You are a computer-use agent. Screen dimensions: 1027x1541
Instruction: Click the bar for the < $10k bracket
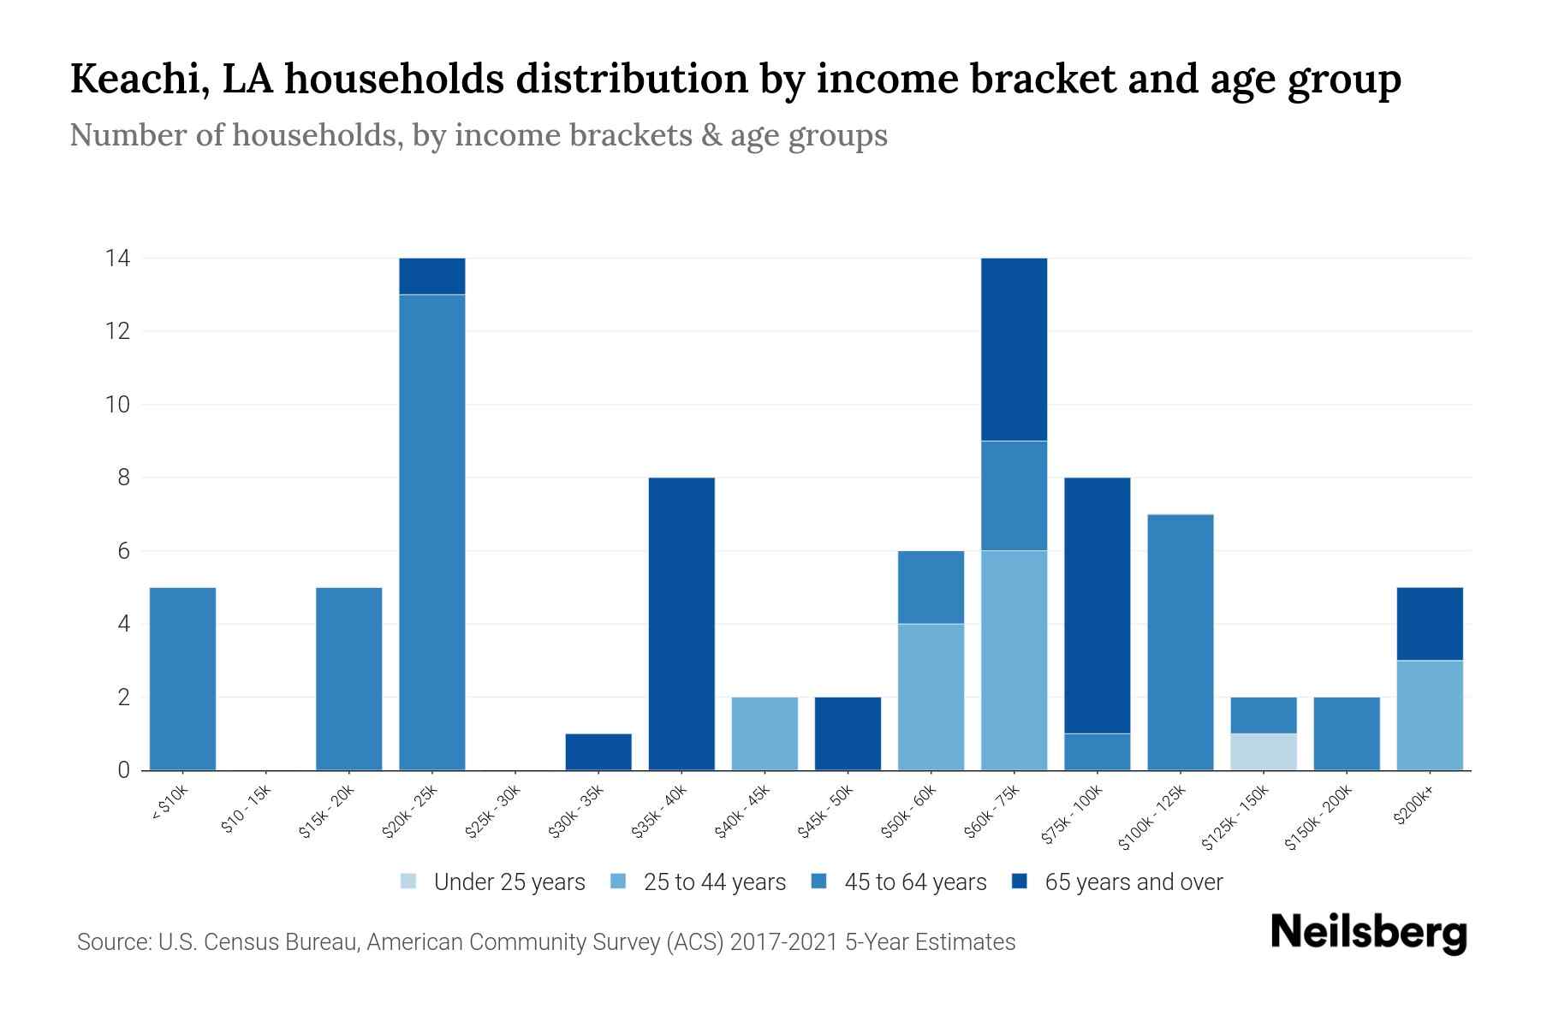coord(182,679)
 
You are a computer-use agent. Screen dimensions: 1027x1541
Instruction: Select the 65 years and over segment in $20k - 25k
coord(432,276)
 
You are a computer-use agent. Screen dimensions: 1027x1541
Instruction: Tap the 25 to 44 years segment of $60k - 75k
coord(1014,660)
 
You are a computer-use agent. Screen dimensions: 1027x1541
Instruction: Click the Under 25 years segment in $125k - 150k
coord(1264,751)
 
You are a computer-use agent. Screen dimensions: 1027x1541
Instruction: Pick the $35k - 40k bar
coord(681,624)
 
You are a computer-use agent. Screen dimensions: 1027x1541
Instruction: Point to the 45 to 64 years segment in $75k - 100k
coord(1097,751)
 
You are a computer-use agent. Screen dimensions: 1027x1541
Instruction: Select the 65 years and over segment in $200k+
coord(1430,624)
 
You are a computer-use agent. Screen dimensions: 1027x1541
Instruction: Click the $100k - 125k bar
coord(1180,642)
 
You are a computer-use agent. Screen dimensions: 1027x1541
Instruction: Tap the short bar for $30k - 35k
coord(598,751)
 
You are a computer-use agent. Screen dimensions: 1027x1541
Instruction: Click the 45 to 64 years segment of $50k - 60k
coord(931,587)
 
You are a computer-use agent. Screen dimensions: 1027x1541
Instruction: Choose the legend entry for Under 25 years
coord(493,882)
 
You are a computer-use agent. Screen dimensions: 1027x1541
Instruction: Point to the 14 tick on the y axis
coord(117,258)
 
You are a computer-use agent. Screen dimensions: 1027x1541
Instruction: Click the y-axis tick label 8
coord(124,478)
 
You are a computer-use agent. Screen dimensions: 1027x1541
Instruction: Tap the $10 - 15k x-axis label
coord(246,810)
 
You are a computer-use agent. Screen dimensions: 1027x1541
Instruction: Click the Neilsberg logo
coord(1368,934)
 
